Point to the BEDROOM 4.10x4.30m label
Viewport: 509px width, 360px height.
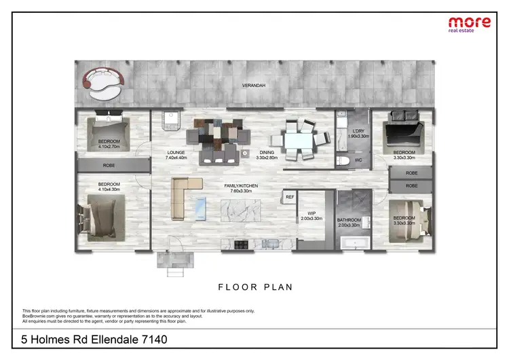coord(109,187)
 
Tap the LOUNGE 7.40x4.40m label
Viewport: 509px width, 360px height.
coord(176,155)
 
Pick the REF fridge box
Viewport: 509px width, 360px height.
coord(290,197)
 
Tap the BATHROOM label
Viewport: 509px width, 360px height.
coord(350,223)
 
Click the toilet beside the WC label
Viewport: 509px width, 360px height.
coord(344,161)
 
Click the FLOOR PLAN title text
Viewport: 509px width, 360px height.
coord(255,287)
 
